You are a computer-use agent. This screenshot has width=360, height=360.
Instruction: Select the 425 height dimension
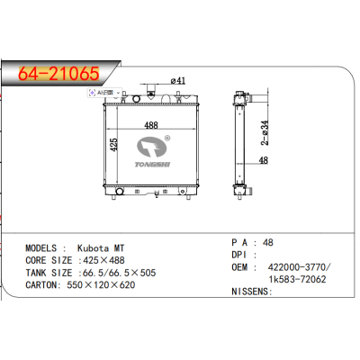coord(114,143)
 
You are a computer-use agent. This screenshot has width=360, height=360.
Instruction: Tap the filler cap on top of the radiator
coord(166,94)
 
